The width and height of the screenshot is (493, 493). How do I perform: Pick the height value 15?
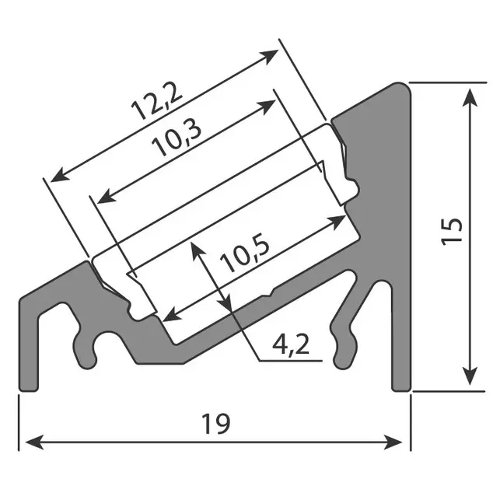453,231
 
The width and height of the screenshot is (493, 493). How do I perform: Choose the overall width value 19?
215,424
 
